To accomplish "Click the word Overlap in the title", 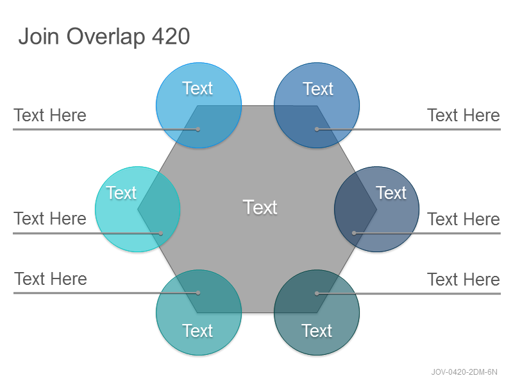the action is click(x=106, y=37).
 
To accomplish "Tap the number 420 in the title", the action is click(x=171, y=36).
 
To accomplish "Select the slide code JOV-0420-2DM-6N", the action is click(x=464, y=372).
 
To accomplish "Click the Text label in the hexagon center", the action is click(x=260, y=207).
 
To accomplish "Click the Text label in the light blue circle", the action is click(x=198, y=89).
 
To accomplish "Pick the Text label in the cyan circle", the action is click(x=121, y=193).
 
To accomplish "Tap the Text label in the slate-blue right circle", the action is click(x=391, y=193).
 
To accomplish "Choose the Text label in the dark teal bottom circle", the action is click(x=317, y=330).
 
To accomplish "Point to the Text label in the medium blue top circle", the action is click(x=318, y=89).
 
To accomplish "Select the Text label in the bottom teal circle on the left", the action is click(x=198, y=330).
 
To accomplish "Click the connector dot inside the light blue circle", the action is click(x=198, y=130).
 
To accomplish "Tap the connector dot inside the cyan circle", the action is click(x=161, y=234).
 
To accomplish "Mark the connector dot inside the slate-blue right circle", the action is click(x=354, y=233).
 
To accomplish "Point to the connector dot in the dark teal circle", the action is click(x=317, y=293).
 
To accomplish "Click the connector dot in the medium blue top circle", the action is click(x=317, y=130).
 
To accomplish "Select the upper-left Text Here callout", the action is click(x=50, y=116).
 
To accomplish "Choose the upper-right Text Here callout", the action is click(x=464, y=116).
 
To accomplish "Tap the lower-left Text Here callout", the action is click(x=51, y=279).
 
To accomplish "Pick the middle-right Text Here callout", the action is click(x=464, y=219).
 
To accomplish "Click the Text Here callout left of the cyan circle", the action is click(x=50, y=218).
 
